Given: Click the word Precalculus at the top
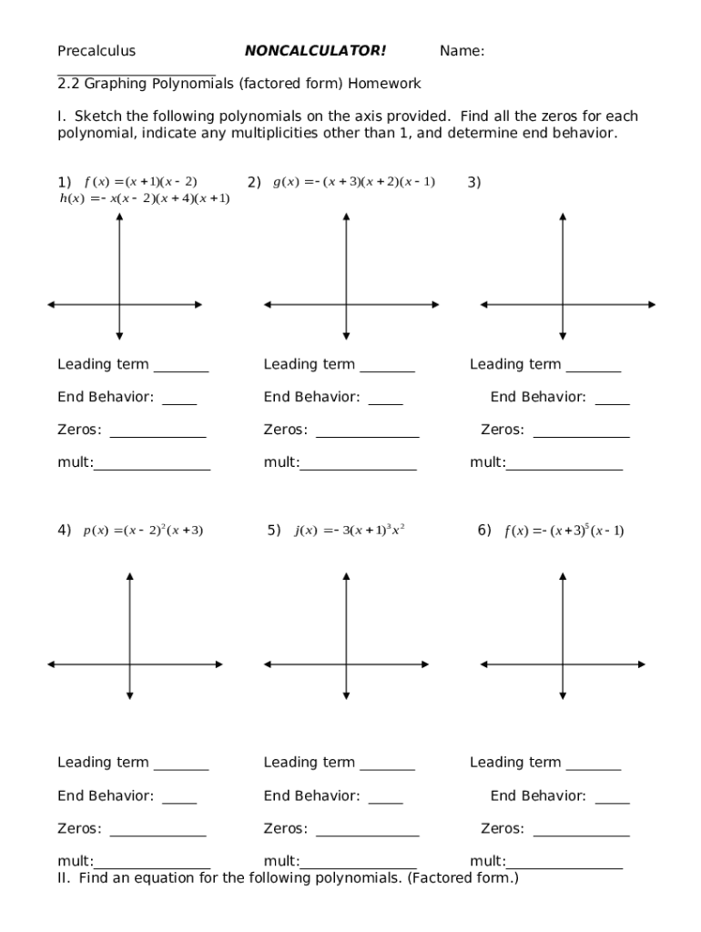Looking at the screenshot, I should tap(97, 51).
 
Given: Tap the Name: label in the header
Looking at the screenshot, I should tap(462, 51).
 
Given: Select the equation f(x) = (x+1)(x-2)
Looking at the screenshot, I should tap(140, 181).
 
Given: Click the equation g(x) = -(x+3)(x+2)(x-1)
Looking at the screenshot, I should tap(354, 181).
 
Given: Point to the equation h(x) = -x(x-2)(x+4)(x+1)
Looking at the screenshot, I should tap(144, 198).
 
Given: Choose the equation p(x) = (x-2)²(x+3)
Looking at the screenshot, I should tap(143, 530).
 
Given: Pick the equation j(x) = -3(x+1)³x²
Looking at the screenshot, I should tap(350, 530).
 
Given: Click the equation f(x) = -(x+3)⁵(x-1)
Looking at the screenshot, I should tap(564, 531).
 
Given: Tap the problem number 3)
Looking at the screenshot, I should tap(474, 182).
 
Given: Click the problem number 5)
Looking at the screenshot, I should tap(274, 530).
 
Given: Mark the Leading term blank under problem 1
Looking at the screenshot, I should tap(181, 369).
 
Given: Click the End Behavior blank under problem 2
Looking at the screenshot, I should tap(386, 401).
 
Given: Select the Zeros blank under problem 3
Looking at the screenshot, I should tap(581, 434).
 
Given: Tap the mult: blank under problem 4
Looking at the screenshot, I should tap(152, 865).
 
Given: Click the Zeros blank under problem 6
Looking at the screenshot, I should tap(581, 833).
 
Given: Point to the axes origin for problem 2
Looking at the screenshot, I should tap(346, 304).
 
